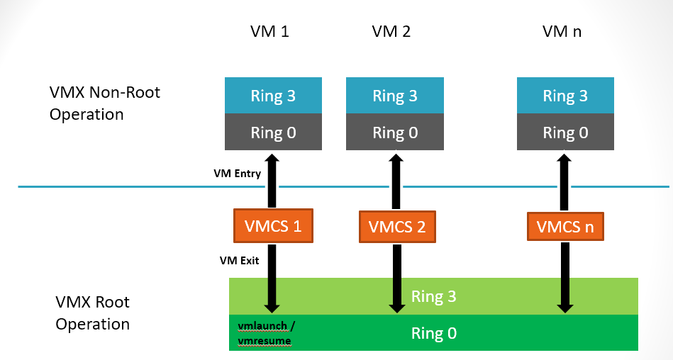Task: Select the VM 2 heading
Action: [391, 32]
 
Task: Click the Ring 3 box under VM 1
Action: [272, 96]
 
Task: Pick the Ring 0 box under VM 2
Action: [394, 133]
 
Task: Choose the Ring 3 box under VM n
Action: [565, 96]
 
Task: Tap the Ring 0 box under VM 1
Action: [272, 133]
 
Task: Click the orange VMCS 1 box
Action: [273, 226]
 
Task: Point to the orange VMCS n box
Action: [565, 227]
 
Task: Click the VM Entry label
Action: [237, 174]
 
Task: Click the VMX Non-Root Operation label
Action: [105, 103]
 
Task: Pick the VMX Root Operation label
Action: [93, 313]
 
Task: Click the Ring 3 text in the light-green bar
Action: [433, 297]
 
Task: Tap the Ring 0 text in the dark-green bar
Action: [433, 332]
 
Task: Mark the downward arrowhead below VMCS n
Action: [564, 306]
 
